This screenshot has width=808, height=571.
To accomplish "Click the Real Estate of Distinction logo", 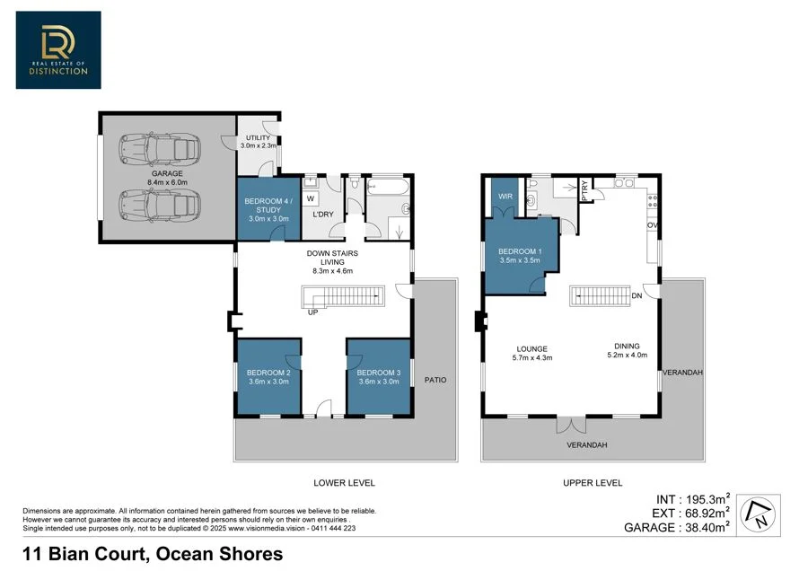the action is (x=58, y=50).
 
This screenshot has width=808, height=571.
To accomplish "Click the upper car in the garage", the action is (x=160, y=149).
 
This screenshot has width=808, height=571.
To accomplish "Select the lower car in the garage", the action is (x=160, y=205).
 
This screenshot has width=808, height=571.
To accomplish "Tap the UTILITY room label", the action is (x=258, y=137).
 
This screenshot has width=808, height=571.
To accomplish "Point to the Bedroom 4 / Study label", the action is (x=268, y=205).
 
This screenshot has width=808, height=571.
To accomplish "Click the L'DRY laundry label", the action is (x=323, y=214).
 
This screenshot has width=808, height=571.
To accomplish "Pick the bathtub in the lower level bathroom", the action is (x=389, y=187).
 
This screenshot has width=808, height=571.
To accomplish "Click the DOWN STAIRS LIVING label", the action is (x=332, y=257).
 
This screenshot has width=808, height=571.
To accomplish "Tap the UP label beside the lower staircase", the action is (x=312, y=312).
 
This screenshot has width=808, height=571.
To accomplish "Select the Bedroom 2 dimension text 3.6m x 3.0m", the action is (x=268, y=382).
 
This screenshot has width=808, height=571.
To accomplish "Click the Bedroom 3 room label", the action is (x=379, y=373).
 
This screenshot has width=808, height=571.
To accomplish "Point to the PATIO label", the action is (x=435, y=380).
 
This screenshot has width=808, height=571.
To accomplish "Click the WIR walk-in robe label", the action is (x=505, y=197).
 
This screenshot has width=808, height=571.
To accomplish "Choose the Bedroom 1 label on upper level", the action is (x=520, y=251).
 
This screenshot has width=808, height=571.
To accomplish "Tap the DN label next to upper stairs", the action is (x=637, y=295).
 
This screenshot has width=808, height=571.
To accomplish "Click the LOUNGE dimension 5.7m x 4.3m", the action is (x=532, y=357).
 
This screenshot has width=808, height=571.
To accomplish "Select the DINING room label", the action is (x=628, y=346).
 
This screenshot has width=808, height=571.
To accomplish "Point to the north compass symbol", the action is (x=758, y=514).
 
